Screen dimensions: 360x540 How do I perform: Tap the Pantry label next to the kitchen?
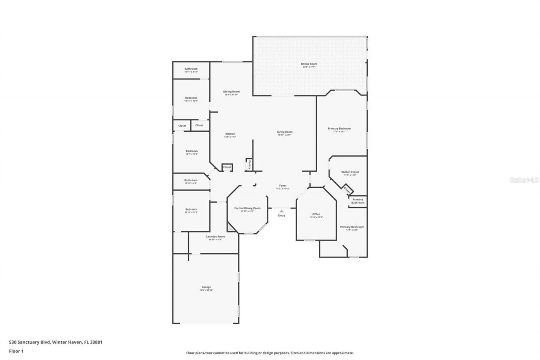coord(249,164)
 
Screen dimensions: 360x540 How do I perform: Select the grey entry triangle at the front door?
coord(281,211)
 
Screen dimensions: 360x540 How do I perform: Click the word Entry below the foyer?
coord(281,216)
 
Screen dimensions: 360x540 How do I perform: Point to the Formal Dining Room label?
coord(247,208)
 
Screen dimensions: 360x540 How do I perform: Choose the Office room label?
coord(316,214)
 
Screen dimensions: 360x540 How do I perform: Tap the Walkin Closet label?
coord(350,172)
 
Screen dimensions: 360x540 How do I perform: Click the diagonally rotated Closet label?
coord(347,190)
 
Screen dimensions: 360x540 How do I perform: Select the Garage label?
coord(206,287)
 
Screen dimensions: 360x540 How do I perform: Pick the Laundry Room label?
coord(215,237)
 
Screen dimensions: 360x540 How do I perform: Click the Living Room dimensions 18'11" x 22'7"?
coord(285,135)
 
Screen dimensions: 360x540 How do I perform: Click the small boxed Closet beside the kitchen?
coord(227,167)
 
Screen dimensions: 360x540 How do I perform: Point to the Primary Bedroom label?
coord(339,129)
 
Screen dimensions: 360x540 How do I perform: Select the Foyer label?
coord(283,186)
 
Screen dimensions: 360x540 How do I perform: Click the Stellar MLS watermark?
coord(524,180)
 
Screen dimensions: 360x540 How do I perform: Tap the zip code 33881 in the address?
coord(95,342)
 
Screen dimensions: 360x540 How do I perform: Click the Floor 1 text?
coord(16,351)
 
